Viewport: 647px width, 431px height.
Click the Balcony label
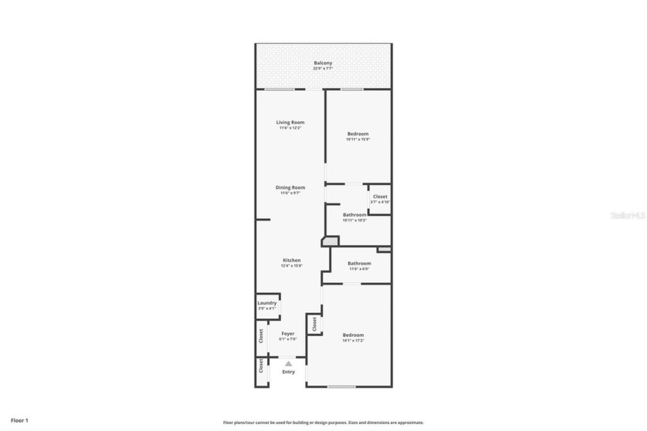coord(323,62)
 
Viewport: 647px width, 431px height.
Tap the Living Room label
coord(290,122)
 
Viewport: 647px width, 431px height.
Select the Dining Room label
coord(290,187)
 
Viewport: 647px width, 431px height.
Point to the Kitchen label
coord(291,261)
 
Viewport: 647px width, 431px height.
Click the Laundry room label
coord(267,303)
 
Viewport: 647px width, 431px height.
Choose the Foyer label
coord(287,334)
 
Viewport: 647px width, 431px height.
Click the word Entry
coord(288,372)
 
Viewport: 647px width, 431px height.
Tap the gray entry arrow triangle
coord(288,362)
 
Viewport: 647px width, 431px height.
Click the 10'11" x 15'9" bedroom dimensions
coord(358,140)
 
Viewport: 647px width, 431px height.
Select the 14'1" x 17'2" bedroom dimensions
coord(353,340)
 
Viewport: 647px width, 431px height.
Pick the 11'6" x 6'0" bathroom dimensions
coord(359,269)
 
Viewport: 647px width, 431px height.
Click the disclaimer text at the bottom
coord(323,423)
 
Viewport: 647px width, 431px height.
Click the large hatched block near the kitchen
coord(330,242)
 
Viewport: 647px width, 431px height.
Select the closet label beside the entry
coord(260,365)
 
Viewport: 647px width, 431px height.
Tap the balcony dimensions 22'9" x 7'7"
coord(323,69)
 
